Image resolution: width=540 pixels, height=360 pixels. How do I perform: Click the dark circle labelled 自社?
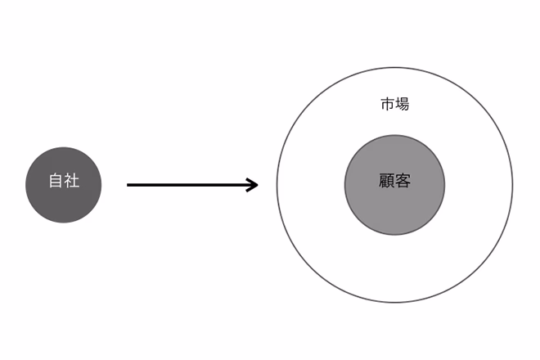point(64,185)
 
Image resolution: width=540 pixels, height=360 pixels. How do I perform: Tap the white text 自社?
point(65,181)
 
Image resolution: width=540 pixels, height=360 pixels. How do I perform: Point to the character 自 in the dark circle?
point(56,181)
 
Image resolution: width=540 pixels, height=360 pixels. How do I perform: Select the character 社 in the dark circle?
point(72,181)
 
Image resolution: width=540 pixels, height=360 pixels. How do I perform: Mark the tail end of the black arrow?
point(128,185)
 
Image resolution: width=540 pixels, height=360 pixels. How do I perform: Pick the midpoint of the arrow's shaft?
point(192,185)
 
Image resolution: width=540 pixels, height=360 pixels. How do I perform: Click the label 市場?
point(395,104)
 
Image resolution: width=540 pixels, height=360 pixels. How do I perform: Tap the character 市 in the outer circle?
point(388,104)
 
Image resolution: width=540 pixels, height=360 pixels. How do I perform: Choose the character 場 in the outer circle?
point(403,104)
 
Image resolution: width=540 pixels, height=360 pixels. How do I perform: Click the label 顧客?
point(395,181)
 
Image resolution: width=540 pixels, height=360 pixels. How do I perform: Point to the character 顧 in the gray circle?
point(387,181)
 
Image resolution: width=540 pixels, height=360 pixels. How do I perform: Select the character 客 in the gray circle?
point(403,181)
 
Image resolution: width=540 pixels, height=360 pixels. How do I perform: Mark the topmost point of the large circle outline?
point(394,68)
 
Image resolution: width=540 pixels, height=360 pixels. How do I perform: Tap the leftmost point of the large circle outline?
point(277,185)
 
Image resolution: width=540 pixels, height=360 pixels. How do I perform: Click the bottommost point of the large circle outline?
point(394,303)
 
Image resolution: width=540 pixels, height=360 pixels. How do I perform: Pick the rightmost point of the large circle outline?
point(513,185)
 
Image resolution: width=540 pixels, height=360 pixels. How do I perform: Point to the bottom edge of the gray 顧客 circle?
point(394,236)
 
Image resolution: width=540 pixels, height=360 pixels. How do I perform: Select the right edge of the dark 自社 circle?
point(101,185)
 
